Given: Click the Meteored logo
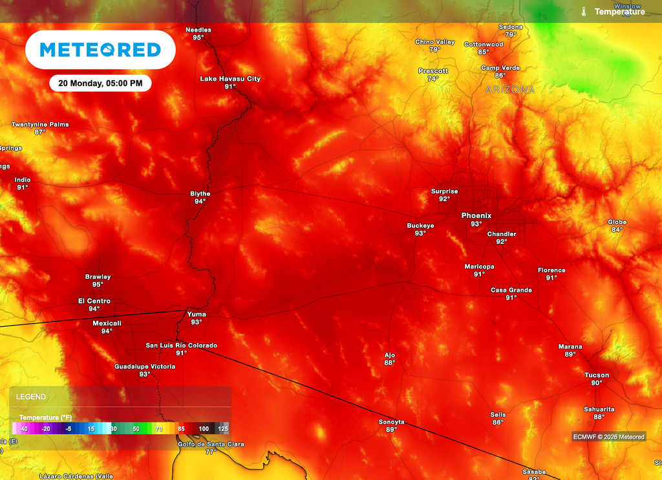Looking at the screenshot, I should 100,50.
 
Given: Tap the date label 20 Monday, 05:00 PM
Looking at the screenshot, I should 100,83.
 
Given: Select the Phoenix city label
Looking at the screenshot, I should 476,215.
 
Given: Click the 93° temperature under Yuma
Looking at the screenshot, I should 197,322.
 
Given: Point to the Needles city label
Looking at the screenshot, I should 198,30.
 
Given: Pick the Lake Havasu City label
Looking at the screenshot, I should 230,78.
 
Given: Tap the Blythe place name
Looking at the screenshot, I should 200,193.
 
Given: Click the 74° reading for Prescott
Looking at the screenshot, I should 433,79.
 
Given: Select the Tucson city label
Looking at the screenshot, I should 597,375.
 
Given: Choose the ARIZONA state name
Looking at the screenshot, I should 510,90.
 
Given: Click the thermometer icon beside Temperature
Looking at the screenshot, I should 583,12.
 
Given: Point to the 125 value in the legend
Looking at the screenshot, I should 223,428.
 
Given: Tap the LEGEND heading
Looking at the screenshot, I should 31,397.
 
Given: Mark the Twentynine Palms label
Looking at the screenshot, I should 40,124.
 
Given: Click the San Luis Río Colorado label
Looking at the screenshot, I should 181,345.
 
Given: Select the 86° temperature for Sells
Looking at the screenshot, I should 498,422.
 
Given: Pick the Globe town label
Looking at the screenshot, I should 617,222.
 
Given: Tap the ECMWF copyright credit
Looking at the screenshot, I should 608,437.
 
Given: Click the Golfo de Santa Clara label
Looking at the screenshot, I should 211,444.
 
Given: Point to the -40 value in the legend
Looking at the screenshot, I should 23,428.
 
